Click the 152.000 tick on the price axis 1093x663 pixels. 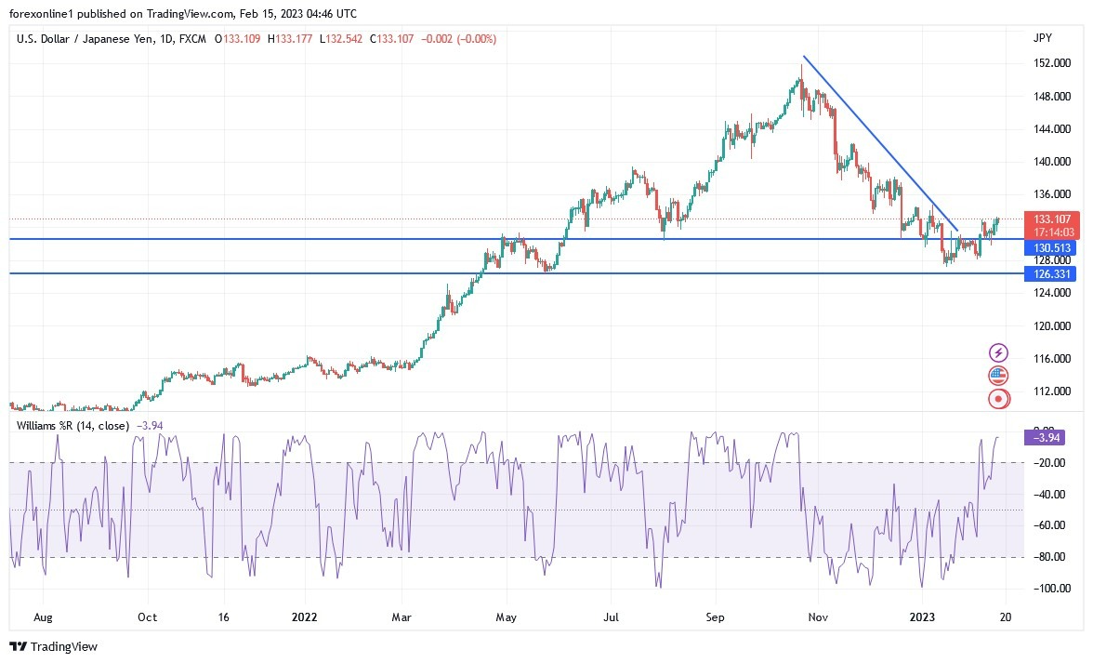1050,63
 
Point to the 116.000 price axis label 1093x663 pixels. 1050,359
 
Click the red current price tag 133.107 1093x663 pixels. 1049,219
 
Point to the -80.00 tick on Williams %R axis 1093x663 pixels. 1048,557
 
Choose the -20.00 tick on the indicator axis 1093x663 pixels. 1048,463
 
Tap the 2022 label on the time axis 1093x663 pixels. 305,617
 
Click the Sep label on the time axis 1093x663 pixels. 715,617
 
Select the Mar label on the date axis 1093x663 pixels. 402,617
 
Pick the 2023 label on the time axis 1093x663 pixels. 921,617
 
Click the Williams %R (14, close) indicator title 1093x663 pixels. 73,425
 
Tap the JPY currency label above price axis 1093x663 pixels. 1042,38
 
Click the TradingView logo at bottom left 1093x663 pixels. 53,646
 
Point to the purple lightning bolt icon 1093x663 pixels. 998,352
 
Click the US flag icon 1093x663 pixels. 998,376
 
